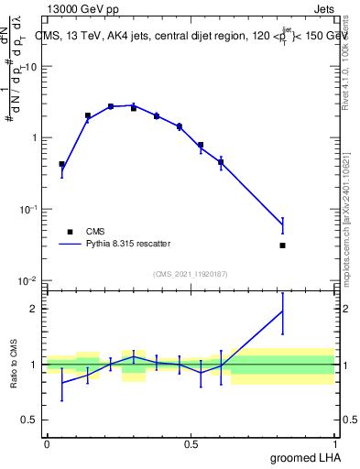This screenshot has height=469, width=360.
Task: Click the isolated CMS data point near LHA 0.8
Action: click(282, 245)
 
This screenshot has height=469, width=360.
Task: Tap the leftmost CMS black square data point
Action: click(61, 164)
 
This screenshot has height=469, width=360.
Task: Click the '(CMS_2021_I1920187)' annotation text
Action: click(190, 273)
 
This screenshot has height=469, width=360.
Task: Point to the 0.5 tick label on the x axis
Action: click(191, 443)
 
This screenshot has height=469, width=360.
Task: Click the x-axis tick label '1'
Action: click(335, 443)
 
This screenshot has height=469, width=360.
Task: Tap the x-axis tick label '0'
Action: click(47, 443)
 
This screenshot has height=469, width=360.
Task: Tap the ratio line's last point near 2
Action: click(282, 311)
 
